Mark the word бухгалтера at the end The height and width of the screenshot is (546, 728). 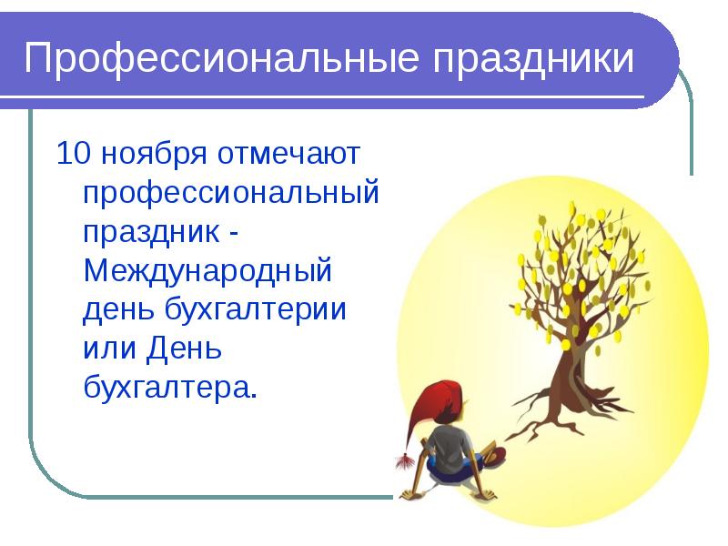(x=165, y=388)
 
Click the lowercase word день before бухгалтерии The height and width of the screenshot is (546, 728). (x=120, y=309)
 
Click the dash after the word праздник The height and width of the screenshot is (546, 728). (x=234, y=233)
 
